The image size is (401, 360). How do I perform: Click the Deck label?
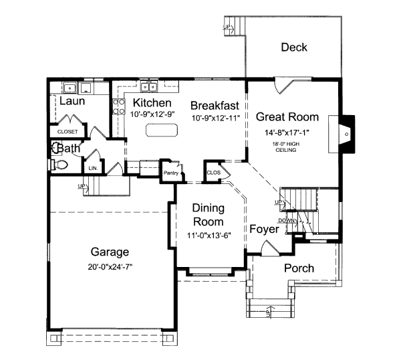(294, 47)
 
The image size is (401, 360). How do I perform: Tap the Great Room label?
(287, 116)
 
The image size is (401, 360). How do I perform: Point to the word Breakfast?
(215, 105)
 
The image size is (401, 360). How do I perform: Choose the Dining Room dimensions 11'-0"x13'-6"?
(208, 235)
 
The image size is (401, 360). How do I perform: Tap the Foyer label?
(264, 229)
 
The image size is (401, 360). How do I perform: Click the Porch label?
(299, 268)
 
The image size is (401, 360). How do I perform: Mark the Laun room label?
(72, 100)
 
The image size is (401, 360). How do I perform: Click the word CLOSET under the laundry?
(68, 132)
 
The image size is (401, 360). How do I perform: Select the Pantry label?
(171, 173)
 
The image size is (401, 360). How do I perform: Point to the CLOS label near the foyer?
(213, 172)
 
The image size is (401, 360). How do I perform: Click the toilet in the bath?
(59, 164)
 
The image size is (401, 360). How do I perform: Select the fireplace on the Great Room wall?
(347, 132)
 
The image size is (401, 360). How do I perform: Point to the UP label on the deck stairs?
(227, 27)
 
